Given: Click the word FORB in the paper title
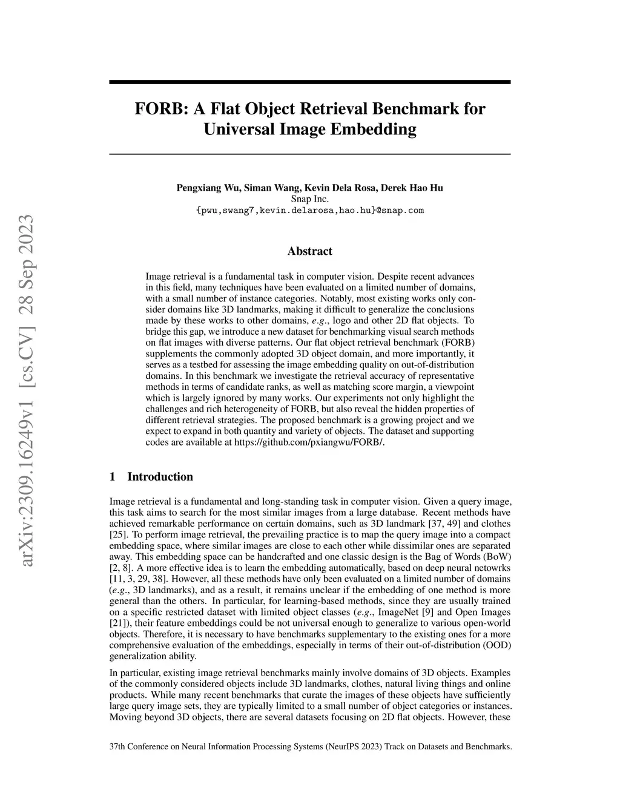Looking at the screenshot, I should [155, 110].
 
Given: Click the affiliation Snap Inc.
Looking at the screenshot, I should [309, 199].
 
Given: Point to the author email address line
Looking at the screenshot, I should [309, 211].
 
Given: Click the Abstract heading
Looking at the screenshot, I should [309, 251].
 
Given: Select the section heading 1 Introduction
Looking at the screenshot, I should [151, 477].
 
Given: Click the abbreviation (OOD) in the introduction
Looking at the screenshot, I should [498, 645].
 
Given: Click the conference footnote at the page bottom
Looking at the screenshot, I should [310, 746].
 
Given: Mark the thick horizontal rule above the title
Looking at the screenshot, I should [309, 82].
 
